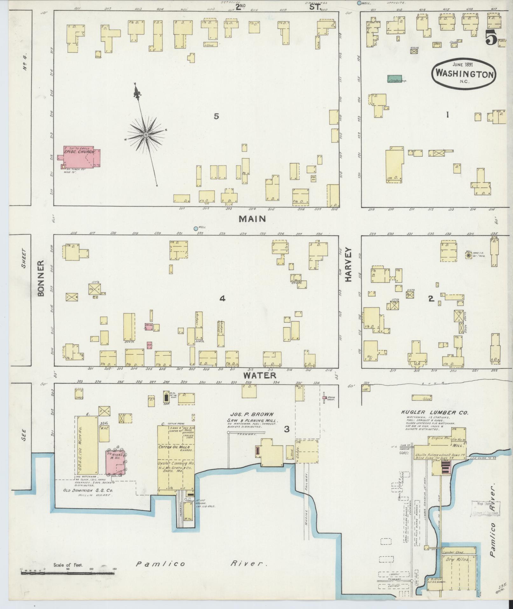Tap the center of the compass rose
(146, 135)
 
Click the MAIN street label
(252, 219)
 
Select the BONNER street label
(41, 279)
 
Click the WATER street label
(260, 375)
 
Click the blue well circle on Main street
(196, 229)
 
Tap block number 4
(222, 298)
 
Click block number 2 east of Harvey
(431, 298)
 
